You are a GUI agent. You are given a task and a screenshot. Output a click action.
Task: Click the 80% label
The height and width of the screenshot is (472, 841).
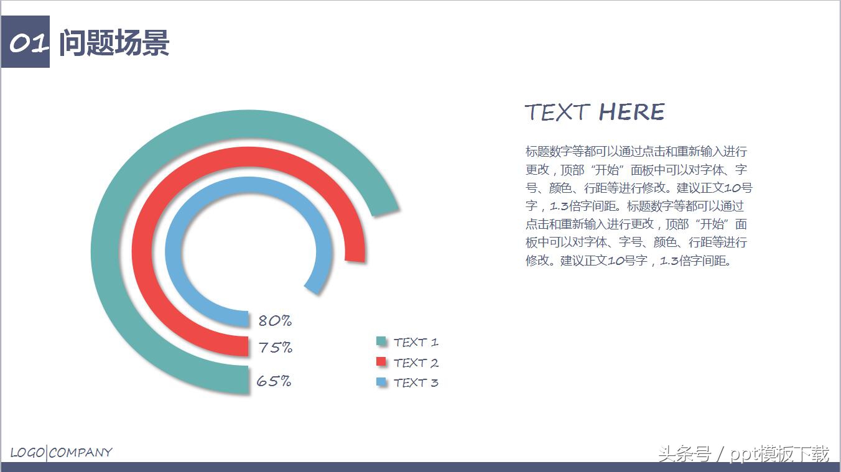274,321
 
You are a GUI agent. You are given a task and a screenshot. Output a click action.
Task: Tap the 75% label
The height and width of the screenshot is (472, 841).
275,348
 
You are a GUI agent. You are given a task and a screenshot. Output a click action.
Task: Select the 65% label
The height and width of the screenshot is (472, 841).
274,381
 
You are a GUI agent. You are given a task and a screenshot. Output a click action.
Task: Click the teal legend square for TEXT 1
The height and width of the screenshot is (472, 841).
381,341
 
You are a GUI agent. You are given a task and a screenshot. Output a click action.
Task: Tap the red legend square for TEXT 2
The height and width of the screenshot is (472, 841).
381,362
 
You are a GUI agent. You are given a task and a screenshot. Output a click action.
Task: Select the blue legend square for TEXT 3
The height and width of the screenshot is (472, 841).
381,382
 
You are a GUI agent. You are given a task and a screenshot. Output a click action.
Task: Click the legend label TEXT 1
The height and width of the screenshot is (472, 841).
416,342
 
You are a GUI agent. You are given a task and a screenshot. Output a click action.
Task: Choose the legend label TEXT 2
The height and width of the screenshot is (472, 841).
416,363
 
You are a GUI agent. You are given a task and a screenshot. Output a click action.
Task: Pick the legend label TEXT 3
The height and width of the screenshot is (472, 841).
416,382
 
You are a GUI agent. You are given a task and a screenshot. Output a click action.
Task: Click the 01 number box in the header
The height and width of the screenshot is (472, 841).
27,43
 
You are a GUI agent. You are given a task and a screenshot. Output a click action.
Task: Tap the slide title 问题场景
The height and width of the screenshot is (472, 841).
114,44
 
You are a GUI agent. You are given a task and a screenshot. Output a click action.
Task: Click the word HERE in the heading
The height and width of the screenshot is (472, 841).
631,113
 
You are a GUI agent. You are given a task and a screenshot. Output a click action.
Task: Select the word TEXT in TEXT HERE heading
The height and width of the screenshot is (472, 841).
557,113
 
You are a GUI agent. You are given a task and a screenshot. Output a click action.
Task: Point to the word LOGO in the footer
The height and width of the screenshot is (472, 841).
27,453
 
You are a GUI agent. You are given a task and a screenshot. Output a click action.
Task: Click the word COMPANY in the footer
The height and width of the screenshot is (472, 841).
81,453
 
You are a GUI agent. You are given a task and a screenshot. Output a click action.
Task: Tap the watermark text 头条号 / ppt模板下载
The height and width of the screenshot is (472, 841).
743,454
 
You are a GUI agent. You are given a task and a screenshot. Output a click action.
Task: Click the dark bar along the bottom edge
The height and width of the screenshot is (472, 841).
420,467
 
